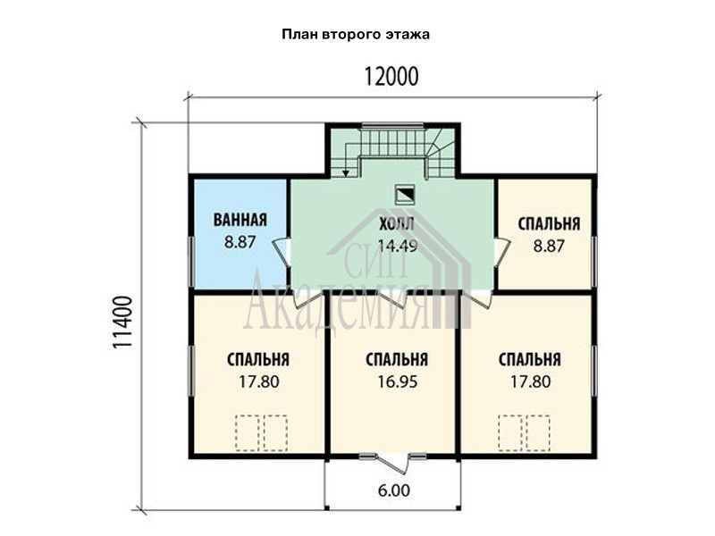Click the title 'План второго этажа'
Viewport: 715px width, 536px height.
click(355, 35)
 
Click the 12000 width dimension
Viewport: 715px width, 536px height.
click(391, 77)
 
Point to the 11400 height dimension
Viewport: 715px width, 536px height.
click(122, 322)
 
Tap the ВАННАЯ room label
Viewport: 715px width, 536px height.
click(240, 220)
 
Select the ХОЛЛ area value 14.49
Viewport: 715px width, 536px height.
click(398, 247)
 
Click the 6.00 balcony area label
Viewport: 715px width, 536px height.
click(394, 490)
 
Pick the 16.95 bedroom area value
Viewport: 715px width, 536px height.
click(397, 381)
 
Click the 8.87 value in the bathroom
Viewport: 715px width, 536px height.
click(240, 241)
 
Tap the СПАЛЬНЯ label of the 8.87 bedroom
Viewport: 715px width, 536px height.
click(549, 224)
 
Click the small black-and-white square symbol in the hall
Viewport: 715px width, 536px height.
click(405, 194)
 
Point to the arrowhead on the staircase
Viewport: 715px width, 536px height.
click(346, 173)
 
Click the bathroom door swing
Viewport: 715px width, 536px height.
click(282, 252)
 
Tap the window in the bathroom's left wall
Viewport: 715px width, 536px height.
click(190, 261)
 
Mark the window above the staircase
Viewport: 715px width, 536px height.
click(392, 125)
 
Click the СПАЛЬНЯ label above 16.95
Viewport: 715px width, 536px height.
click(397, 360)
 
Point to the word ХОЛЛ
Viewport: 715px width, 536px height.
click(397, 224)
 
